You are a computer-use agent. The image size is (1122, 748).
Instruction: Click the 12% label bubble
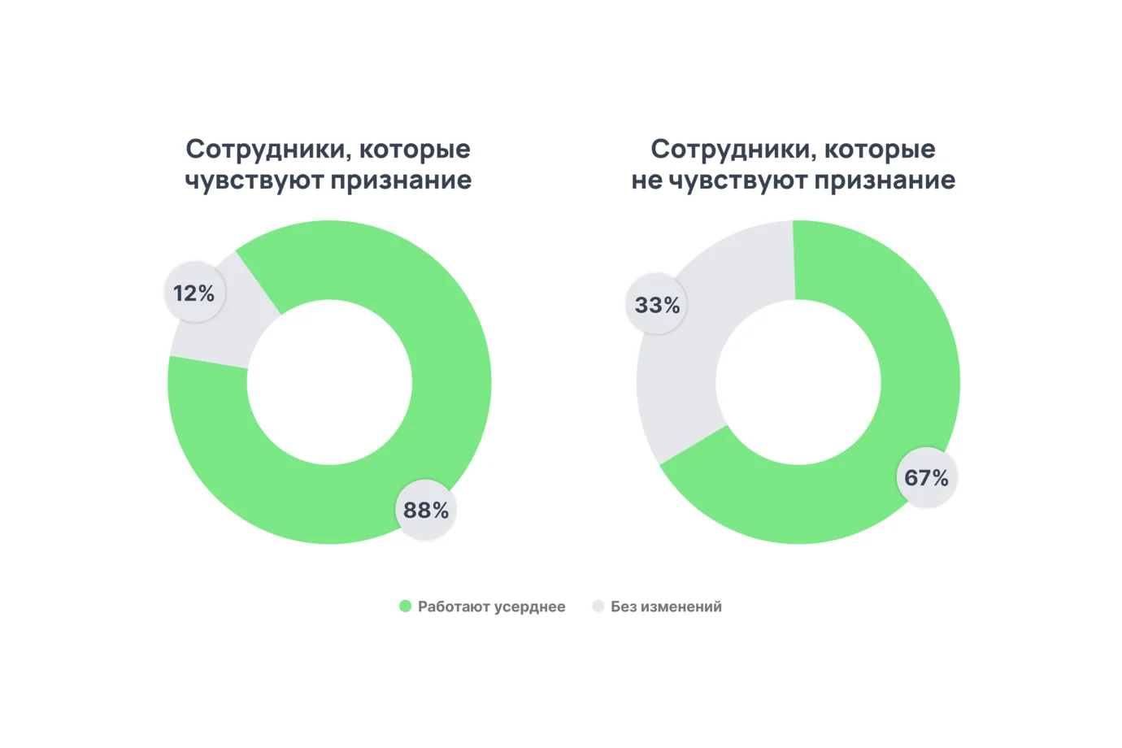click(x=194, y=293)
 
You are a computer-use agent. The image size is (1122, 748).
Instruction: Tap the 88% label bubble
click(x=426, y=510)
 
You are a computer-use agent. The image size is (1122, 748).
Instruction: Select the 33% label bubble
click(x=657, y=305)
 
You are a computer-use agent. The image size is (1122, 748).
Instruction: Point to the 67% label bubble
click(x=926, y=477)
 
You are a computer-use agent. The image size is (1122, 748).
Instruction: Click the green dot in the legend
click(x=405, y=607)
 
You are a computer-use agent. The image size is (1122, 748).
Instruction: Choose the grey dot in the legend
click(x=598, y=607)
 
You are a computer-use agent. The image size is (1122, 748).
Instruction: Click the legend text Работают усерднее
click(x=491, y=607)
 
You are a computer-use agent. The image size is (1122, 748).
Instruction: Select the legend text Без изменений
click(x=666, y=607)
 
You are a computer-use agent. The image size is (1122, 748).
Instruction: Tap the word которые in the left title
click(x=415, y=150)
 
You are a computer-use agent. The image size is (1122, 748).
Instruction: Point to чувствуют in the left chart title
click(x=254, y=180)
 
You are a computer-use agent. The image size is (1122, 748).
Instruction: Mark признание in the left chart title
click(x=401, y=180)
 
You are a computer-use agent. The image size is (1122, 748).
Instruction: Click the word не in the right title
click(x=646, y=180)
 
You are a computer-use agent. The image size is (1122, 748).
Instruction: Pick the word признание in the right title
click(x=885, y=180)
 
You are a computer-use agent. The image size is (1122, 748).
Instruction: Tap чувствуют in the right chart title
click(x=737, y=180)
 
